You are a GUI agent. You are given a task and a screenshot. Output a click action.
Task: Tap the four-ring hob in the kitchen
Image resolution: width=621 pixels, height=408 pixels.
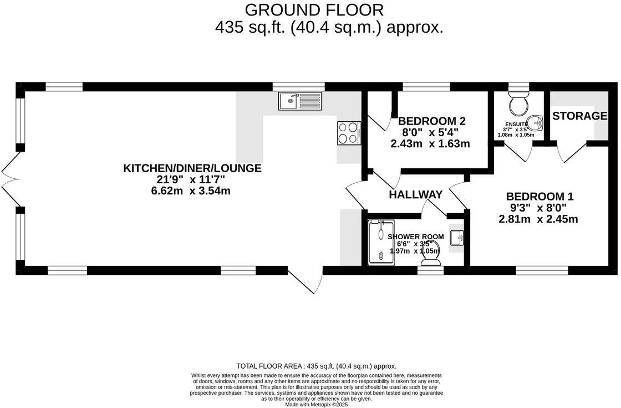point(349,133)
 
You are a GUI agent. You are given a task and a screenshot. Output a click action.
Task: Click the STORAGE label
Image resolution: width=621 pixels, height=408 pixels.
point(579,116)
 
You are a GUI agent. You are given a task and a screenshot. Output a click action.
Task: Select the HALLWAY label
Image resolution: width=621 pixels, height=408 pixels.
point(415,195)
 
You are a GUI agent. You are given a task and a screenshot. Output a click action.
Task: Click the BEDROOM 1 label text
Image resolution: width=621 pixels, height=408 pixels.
point(539,197)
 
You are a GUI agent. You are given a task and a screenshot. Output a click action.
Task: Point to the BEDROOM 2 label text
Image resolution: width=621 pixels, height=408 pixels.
point(431,121)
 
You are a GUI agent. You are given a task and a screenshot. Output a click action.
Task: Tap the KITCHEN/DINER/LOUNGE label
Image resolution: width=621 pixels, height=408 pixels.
point(192,168)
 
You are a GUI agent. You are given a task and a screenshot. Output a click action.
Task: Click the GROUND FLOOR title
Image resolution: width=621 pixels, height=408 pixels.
point(313,10)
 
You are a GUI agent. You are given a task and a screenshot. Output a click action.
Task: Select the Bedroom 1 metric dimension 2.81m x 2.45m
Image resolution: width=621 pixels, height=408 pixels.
point(538,219)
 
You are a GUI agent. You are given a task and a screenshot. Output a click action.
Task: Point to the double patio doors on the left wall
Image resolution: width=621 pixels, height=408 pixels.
point(10,178)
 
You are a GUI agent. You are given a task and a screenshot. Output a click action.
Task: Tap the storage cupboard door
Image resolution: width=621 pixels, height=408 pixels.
point(572,152)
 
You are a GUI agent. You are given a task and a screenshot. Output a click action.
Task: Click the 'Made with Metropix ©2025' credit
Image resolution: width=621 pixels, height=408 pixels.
point(316,405)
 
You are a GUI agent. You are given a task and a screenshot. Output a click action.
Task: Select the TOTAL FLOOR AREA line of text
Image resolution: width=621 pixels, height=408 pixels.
point(316,366)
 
